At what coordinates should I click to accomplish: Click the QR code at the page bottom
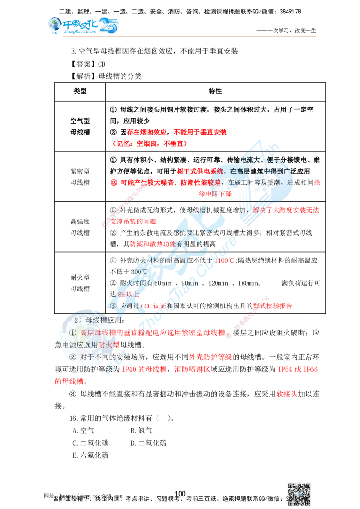(x=300, y=491)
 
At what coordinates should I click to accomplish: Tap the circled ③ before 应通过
(x=113, y=305)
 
